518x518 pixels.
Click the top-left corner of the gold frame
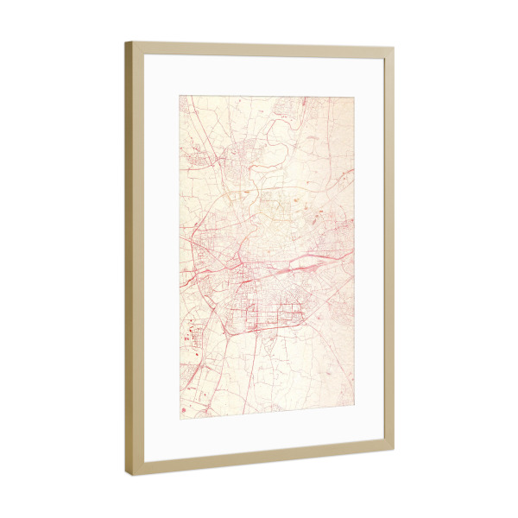point(126,42)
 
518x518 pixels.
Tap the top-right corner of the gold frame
point(394,50)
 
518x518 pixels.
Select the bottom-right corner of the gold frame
point(394,450)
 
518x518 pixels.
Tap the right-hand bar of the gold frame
point(389,250)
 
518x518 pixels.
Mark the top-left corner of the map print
point(180,96)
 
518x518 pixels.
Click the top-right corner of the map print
point(354,98)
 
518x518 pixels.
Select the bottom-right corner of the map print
point(354,407)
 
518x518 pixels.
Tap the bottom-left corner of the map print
point(180,419)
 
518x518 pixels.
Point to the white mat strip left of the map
point(161,259)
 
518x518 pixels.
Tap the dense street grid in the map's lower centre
point(268,311)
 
